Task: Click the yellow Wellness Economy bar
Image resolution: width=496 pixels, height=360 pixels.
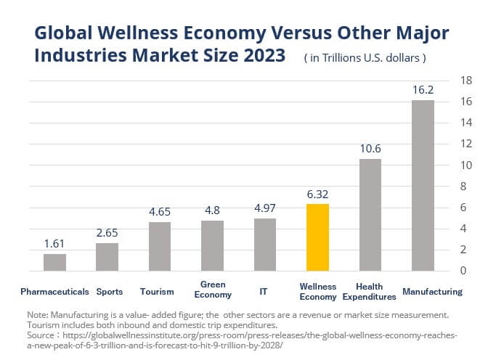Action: pos(317,237)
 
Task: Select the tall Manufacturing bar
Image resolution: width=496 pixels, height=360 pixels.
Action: pos(423,185)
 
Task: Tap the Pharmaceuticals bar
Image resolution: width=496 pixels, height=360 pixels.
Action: pos(54,262)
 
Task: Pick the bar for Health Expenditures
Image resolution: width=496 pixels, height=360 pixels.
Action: pos(370,215)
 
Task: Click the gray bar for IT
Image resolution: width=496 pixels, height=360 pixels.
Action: pos(265,245)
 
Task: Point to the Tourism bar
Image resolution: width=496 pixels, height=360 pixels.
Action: pos(160,246)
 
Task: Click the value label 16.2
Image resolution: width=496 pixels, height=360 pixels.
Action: pos(423,91)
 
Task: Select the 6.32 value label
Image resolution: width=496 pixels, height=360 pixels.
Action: pos(317,195)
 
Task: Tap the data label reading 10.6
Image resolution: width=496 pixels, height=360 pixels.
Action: pos(370,150)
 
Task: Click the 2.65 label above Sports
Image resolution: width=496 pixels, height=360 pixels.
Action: pos(107,233)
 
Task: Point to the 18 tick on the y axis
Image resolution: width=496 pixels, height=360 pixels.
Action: pos(468,80)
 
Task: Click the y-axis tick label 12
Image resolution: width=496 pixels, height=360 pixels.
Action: pos(468,144)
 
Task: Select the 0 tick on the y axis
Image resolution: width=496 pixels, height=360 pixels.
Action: pos(468,271)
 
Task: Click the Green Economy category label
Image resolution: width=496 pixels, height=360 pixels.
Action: pos(213,290)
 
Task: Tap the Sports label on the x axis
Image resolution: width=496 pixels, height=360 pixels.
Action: pos(110,292)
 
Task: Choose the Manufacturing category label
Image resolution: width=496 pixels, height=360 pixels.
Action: pos(432,292)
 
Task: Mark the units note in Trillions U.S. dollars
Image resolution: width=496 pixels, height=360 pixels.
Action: pos(365,57)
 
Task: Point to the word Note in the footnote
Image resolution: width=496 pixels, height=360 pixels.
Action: pos(36,314)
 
